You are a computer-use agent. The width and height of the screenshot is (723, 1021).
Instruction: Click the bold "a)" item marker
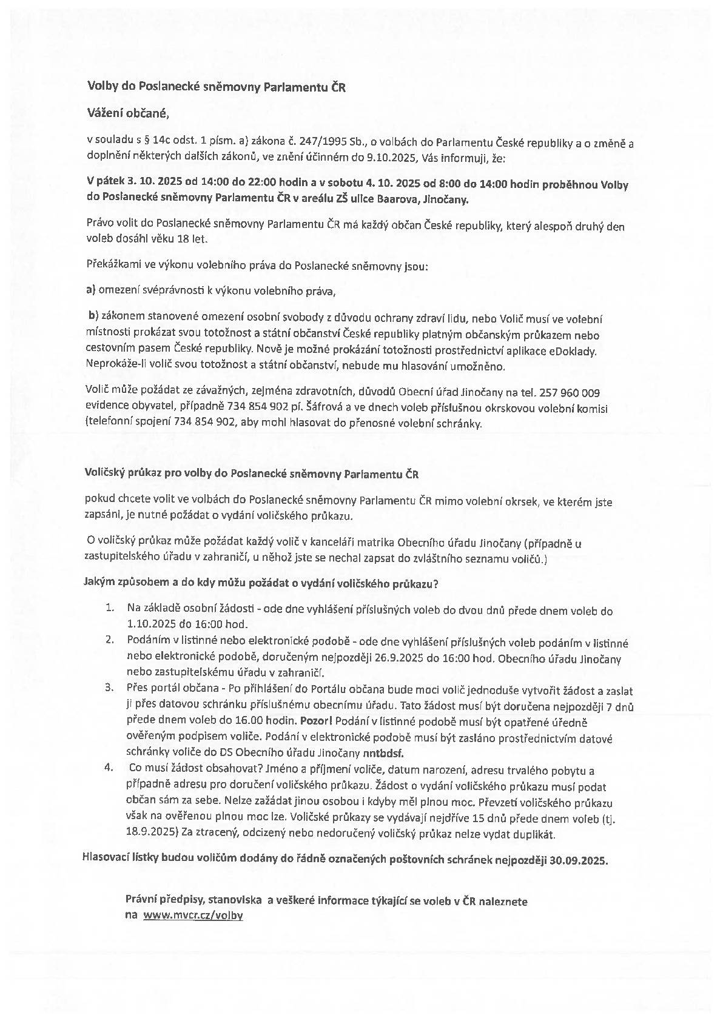92,290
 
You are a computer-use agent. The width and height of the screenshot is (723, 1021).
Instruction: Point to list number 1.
110,608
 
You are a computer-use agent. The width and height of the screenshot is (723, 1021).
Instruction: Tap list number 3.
110,688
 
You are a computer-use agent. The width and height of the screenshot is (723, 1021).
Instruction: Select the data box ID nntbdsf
383,754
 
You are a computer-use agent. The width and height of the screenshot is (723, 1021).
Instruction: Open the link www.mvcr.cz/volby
193,916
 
